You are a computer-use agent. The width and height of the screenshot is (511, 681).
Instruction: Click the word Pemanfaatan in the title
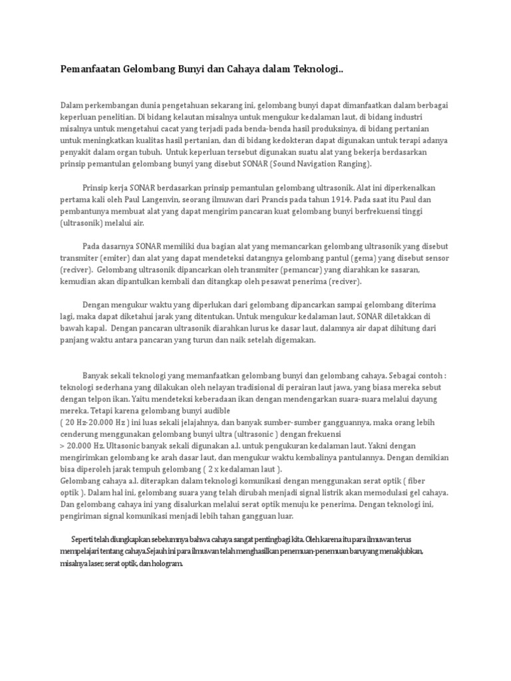tap(89, 70)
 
